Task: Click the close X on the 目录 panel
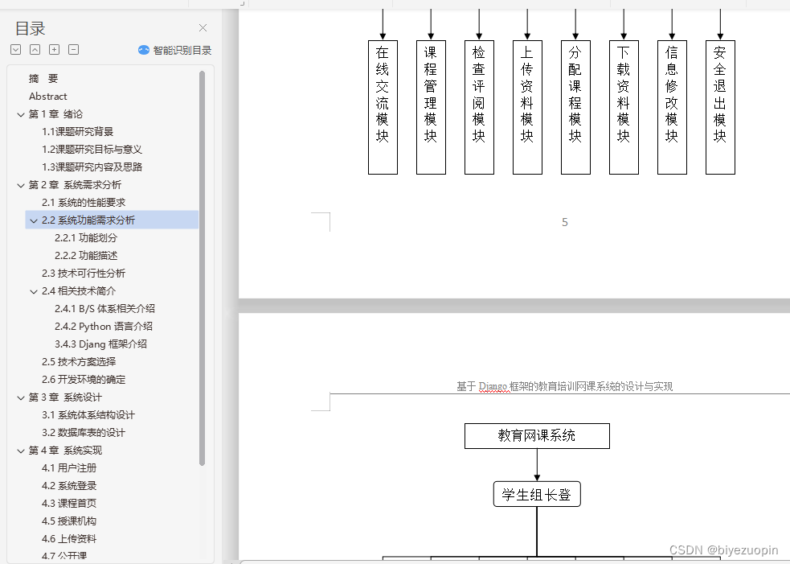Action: (x=203, y=28)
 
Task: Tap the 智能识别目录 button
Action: (x=175, y=50)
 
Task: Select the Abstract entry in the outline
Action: (x=48, y=97)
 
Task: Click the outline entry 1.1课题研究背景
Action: (x=78, y=132)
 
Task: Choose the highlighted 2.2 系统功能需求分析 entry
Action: (x=88, y=220)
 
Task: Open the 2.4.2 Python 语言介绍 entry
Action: (x=104, y=327)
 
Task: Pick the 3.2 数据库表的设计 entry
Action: (x=84, y=433)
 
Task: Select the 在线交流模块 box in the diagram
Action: (x=383, y=107)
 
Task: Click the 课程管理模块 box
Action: (x=431, y=107)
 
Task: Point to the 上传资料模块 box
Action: (x=527, y=107)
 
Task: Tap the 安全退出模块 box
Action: (x=720, y=107)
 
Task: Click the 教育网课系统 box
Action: (x=537, y=436)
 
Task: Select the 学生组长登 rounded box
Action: (x=537, y=495)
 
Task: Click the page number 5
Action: (x=565, y=222)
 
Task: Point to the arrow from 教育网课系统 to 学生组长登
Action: (x=537, y=465)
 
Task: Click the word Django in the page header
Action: (x=493, y=387)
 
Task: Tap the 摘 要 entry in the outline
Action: (x=43, y=79)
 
